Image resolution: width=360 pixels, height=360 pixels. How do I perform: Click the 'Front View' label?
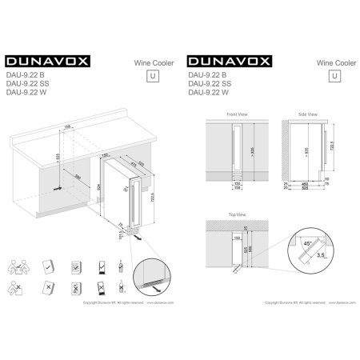point(237,115)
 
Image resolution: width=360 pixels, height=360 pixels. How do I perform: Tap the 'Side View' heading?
point(307,115)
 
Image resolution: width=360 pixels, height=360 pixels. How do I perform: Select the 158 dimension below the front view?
point(238,190)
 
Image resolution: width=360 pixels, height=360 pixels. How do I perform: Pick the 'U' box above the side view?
point(334,76)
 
